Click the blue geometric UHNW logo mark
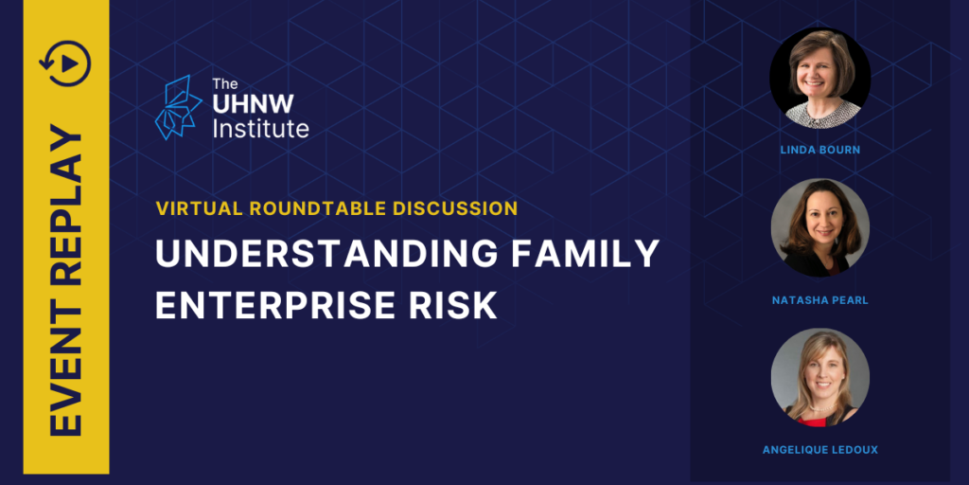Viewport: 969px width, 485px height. (x=178, y=107)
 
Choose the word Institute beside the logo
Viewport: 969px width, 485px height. (x=260, y=129)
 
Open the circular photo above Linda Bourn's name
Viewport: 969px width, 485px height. (x=819, y=78)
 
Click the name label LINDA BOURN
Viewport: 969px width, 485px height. (x=820, y=150)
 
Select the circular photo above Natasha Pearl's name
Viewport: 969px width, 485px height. (x=820, y=227)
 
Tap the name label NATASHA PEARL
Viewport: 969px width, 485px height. (x=820, y=300)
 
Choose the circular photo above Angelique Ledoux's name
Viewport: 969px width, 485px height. (x=820, y=377)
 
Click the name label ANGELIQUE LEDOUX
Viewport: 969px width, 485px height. (x=820, y=450)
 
